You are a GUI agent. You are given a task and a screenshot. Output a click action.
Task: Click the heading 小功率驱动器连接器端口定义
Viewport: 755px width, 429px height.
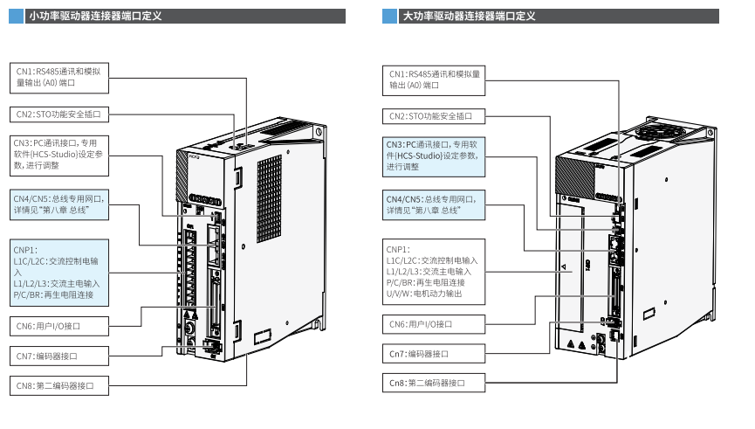(x=95, y=16)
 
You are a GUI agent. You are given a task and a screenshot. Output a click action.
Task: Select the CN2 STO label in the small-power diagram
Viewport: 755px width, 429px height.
(x=58, y=114)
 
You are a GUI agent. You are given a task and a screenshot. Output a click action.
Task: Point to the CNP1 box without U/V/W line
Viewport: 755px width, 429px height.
(x=59, y=273)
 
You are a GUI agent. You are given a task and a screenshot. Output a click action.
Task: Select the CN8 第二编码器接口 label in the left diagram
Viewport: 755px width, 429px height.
(x=58, y=384)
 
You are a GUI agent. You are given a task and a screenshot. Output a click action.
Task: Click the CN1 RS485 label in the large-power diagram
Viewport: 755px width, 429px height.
(x=435, y=80)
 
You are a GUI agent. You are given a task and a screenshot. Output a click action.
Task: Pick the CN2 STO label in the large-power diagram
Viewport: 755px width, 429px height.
(x=434, y=115)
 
